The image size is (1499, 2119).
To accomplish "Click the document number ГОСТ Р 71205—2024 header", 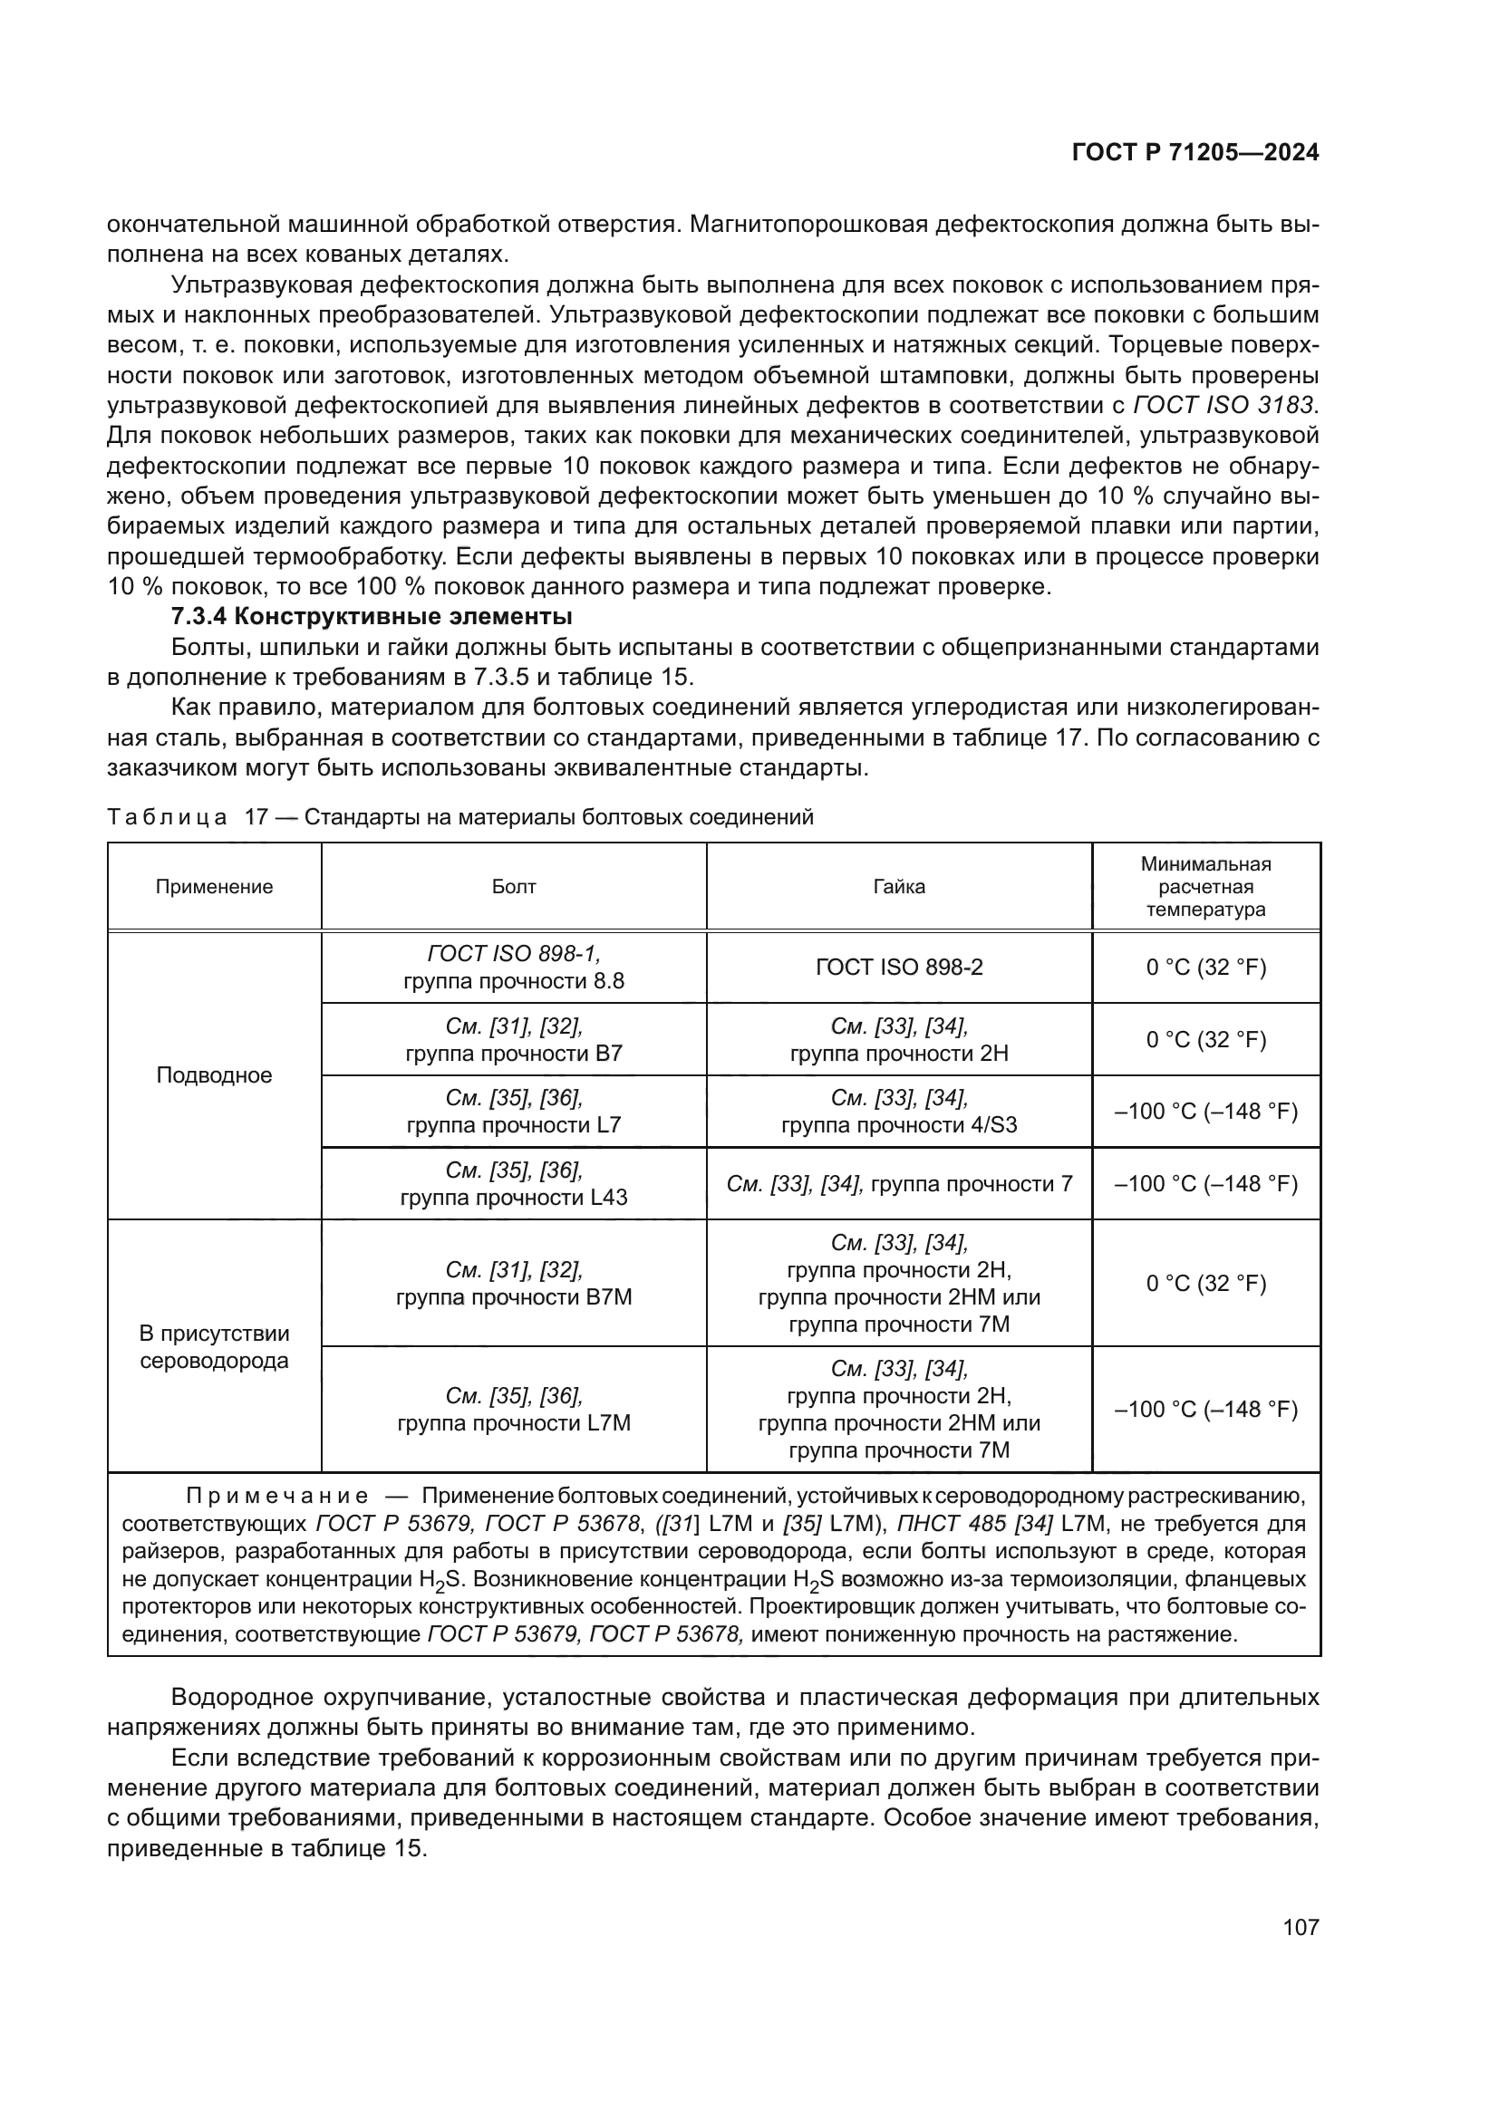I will (1195, 153).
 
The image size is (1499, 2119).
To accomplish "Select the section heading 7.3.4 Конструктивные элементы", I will (372, 617).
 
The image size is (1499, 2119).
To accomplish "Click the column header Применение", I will (214, 887).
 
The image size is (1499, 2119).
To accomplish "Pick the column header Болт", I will (513, 887).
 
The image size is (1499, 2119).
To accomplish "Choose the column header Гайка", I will (899, 887).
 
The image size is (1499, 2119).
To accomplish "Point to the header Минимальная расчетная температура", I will (1205, 887).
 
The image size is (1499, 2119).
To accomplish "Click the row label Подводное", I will (214, 1075).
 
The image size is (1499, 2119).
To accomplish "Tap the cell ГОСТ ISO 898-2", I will (899, 968).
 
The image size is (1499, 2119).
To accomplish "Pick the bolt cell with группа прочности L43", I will (513, 1184).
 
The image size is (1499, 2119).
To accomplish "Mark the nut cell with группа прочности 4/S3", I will (899, 1112).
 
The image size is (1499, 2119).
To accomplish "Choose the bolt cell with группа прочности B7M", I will (513, 1284).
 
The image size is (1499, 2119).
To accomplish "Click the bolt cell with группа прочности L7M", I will (513, 1410).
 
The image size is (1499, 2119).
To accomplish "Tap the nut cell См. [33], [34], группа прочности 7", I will (899, 1184).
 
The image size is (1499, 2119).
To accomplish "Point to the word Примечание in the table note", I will (277, 1496).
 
